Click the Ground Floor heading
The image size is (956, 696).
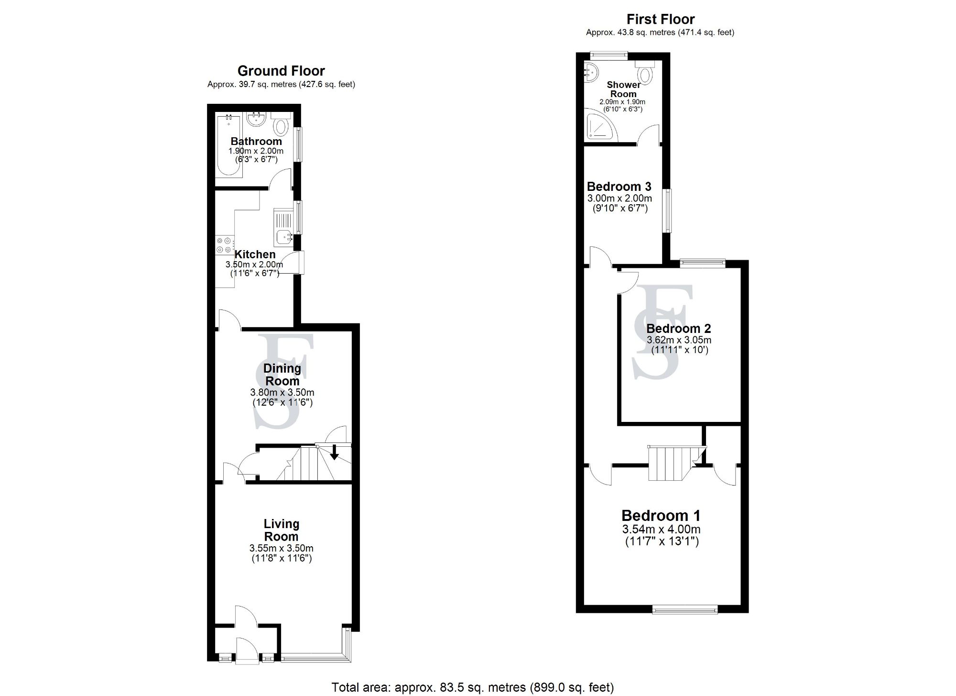click(x=281, y=71)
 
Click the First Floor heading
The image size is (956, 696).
click(x=660, y=20)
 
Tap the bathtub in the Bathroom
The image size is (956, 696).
click(x=228, y=146)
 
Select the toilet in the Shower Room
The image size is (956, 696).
click(x=646, y=74)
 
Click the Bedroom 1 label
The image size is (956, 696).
click(x=661, y=516)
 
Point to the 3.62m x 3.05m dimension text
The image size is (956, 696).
click(x=678, y=340)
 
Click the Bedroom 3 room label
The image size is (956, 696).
click(x=619, y=187)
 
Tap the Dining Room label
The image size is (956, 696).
click(x=282, y=375)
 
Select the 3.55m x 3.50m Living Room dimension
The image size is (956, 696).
click(x=281, y=548)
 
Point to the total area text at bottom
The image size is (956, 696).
click(x=472, y=687)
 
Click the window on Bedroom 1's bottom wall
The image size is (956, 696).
click(x=684, y=609)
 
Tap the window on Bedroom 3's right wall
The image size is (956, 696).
click(x=666, y=210)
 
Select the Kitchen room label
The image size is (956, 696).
click(x=255, y=254)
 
